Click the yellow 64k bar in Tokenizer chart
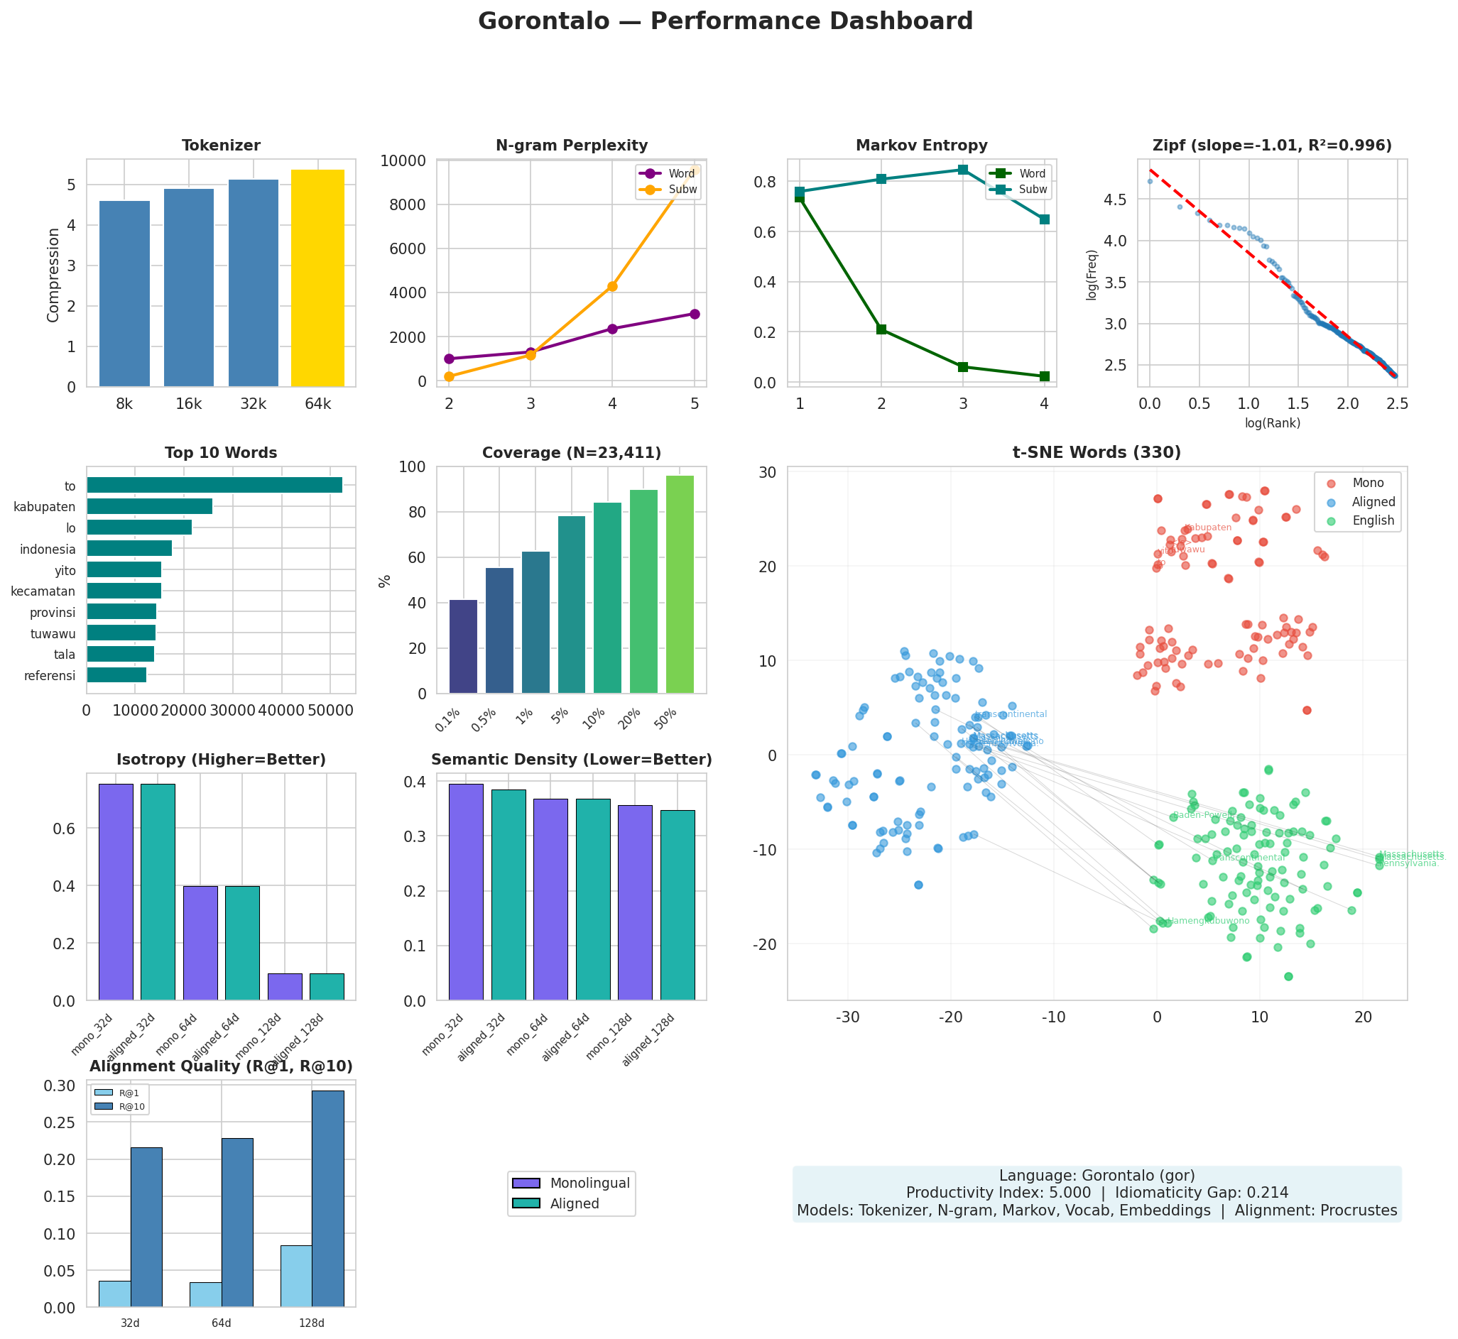click(x=317, y=279)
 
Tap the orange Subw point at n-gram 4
click(x=612, y=286)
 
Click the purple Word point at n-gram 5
click(x=695, y=314)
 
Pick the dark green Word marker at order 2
click(x=881, y=329)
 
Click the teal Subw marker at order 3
click(x=963, y=170)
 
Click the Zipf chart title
click(x=1272, y=146)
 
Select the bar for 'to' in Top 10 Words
click(x=214, y=486)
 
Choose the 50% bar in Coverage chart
click(x=680, y=584)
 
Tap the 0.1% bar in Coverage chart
click(x=463, y=646)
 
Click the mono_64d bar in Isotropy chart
click(x=200, y=944)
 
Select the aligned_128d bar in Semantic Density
click(x=678, y=905)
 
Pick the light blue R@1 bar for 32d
click(x=114, y=1294)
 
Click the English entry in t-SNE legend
click(x=1373, y=520)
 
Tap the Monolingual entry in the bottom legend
click(x=589, y=1184)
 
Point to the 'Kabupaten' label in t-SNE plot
click(x=1208, y=528)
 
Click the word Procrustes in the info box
click(x=1359, y=1210)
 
